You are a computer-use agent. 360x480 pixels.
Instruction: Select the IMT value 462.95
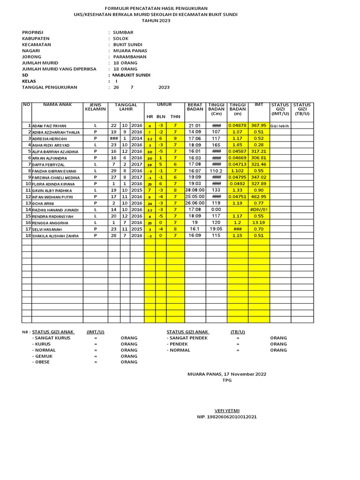click(x=259, y=196)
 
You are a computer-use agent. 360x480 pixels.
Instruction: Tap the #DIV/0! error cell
click(x=259, y=210)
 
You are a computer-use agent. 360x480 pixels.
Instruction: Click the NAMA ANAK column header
click(x=58, y=105)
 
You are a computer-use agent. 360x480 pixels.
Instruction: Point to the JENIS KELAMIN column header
click(x=96, y=107)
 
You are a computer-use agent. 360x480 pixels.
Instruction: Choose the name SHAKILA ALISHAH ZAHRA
click(x=55, y=236)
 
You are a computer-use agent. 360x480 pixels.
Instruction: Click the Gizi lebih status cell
click(x=280, y=126)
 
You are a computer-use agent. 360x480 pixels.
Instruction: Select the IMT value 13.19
click(x=259, y=223)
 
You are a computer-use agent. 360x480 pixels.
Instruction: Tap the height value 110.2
click(x=216, y=171)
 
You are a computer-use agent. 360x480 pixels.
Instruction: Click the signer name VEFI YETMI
click(x=227, y=410)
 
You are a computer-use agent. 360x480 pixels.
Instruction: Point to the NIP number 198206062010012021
click(x=227, y=417)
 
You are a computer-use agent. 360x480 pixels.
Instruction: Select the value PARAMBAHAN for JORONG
click(x=130, y=57)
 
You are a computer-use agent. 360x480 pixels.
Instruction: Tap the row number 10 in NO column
click(x=28, y=184)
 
